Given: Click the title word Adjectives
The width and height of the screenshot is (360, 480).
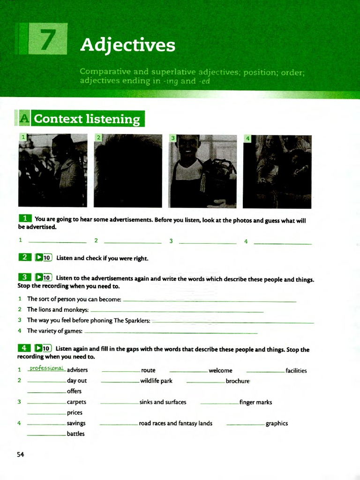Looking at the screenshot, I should point(127,45).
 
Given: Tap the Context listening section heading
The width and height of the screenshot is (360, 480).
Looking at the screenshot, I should point(87,119).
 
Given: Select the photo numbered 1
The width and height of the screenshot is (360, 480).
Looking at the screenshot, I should point(52,171).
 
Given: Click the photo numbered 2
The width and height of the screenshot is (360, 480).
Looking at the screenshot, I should point(128,171).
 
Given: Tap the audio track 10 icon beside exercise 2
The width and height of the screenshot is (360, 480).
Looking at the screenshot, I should point(43,257).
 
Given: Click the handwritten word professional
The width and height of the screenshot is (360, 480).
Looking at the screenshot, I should point(46,368).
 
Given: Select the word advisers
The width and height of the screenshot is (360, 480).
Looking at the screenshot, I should point(77,370).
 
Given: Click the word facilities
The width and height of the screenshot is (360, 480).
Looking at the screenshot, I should point(296,371).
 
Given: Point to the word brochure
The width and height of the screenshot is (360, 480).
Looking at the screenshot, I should point(238,381).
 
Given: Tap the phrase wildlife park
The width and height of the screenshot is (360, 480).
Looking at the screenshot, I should point(156,381).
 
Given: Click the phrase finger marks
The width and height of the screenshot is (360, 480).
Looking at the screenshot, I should point(255,402).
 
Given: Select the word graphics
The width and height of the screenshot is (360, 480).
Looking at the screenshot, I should point(277,423).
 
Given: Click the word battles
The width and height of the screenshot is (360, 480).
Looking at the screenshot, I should point(75,434).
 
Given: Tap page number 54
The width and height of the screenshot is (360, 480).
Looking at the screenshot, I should point(20,454).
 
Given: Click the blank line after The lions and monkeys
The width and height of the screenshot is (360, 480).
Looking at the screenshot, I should point(177,311).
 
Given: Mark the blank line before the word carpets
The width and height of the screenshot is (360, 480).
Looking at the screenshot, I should point(46,403).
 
